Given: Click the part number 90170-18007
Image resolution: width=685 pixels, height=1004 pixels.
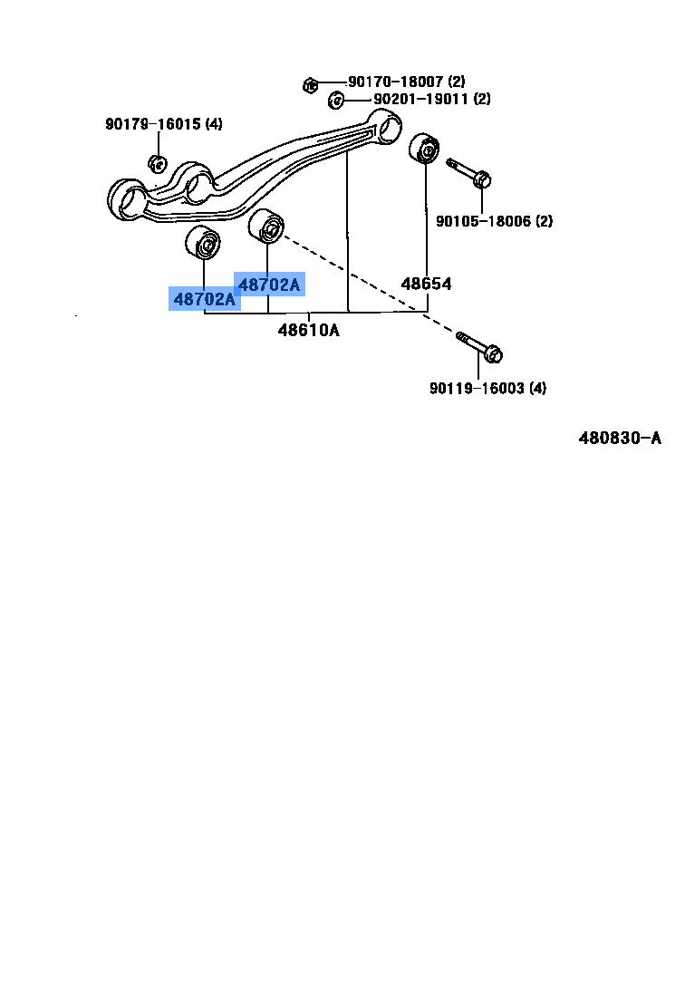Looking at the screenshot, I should [395, 82].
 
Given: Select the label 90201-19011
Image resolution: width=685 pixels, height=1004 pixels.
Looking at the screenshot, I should [408, 99].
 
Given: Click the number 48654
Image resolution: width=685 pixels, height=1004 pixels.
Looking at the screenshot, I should [426, 284].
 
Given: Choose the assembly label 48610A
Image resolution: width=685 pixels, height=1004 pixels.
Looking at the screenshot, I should [308, 330].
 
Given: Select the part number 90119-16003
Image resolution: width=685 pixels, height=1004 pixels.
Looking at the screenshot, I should [477, 389].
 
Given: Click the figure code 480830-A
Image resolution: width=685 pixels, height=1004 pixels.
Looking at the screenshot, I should [620, 439].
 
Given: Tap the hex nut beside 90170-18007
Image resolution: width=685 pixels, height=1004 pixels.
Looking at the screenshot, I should [309, 85].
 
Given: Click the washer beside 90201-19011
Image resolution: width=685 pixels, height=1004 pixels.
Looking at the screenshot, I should [335, 99].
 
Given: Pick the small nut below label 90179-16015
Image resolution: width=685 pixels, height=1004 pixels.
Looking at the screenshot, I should [156, 164].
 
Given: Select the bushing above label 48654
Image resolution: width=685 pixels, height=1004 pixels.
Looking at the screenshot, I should [424, 150].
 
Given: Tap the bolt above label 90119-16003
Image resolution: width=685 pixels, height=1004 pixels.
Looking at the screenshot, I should [480, 347].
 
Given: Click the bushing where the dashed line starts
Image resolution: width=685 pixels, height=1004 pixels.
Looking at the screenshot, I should [267, 227].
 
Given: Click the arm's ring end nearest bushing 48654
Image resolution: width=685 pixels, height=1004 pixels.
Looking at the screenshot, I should [389, 126].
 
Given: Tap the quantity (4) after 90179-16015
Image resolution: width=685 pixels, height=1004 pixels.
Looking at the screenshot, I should [214, 124].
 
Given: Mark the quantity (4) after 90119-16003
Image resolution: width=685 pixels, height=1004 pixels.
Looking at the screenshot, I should [538, 389].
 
